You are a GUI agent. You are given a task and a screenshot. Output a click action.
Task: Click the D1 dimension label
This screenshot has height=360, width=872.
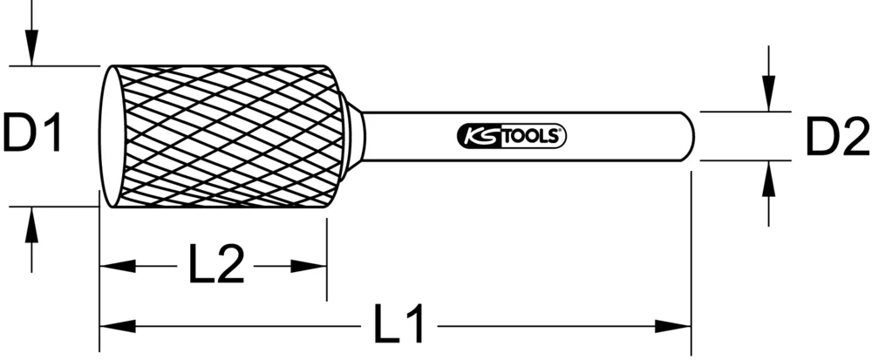[x=33, y=135]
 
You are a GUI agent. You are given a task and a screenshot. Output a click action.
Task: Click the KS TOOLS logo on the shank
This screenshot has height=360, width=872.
[x=512, y=136]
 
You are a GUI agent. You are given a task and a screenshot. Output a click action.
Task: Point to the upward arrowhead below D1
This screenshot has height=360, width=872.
[x=31, y=222]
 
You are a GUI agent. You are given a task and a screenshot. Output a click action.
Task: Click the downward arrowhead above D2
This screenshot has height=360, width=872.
[x=767, y=97]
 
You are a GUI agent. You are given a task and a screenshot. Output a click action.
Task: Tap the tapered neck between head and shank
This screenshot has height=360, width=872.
[x=353, y=136]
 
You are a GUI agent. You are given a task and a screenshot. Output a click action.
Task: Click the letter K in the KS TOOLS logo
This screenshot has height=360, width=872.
[x=468, y=136]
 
